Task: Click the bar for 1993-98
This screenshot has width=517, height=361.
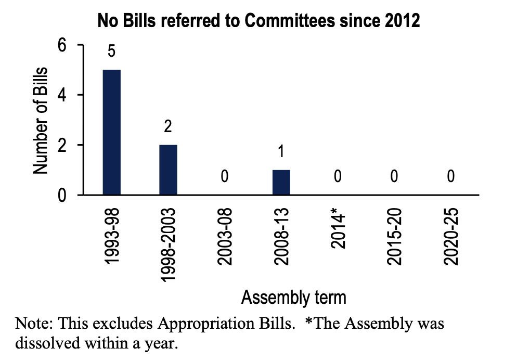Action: coord(112,132)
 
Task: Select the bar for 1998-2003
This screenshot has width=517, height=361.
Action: coord(168,170)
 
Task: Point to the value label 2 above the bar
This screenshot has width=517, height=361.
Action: coord(168,127)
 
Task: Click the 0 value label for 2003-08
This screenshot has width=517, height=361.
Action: coord(224,177)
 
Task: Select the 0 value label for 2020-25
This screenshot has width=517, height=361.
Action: coord(450,177)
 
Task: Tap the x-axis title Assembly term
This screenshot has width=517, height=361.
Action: coord(293,298)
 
